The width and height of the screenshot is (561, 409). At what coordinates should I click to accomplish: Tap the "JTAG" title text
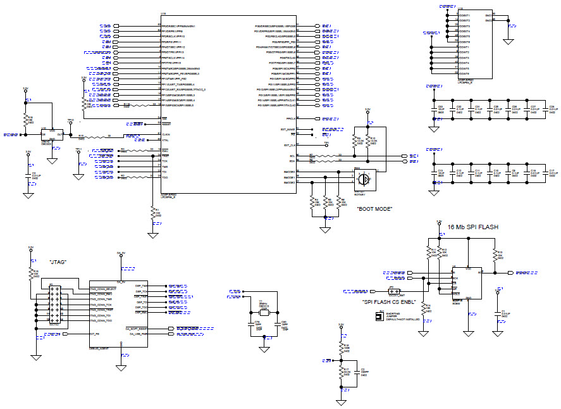(59, 261)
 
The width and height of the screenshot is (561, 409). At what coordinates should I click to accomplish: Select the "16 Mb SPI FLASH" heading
(472, 227)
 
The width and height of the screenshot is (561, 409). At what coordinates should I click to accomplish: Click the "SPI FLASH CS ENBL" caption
(388, 302)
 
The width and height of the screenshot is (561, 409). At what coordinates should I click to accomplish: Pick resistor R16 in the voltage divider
(342, 348)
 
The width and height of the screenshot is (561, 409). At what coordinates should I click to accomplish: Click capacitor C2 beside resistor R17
(357, 373)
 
